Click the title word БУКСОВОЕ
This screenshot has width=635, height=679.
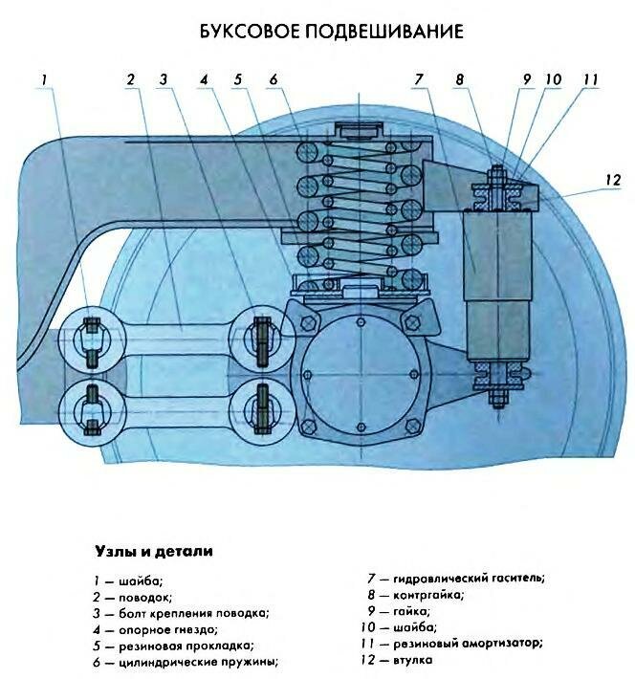point(247,32)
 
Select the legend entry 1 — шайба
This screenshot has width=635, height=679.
point(128,579)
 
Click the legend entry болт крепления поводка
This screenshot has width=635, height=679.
point(181,612)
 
